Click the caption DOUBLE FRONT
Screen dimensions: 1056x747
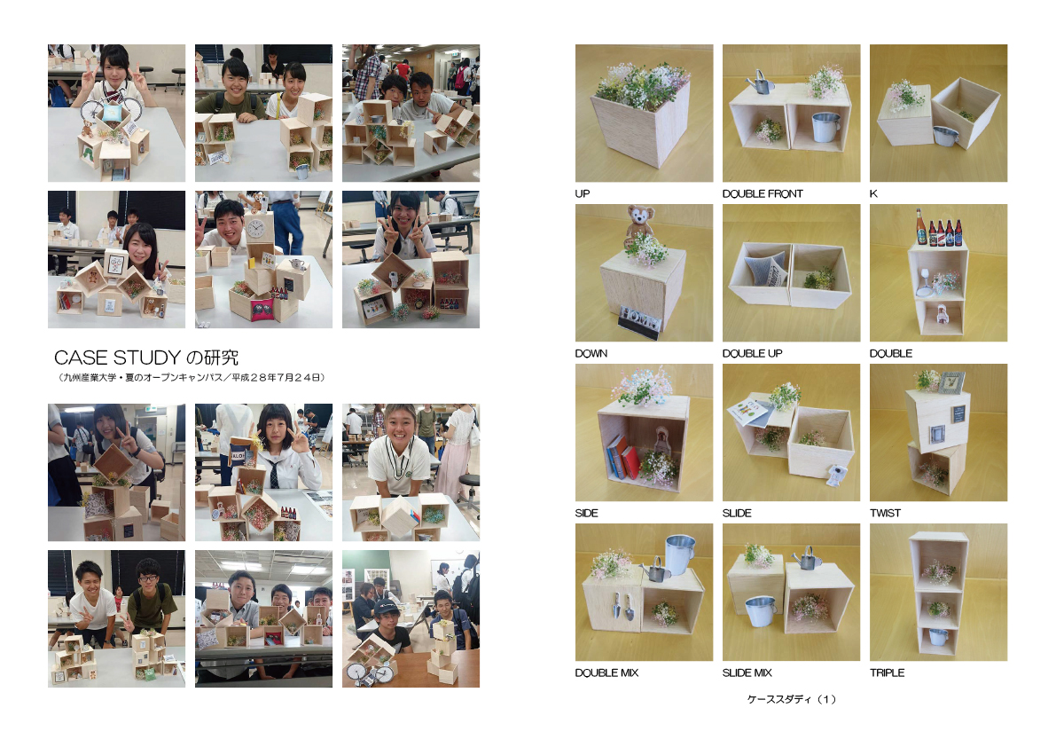pyautogui.click(x=763, y=194)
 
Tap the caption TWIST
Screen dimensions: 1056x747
pyautogui.click(x=885, y=514)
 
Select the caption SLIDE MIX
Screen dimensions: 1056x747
pyautogui.click(x=747, y=672)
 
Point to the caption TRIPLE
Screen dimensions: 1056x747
pyautogui.click(x=887, y=672)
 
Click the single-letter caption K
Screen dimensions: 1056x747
pyautogui.click(x=873, y=194)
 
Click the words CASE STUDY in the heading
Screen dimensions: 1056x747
pyautogui.click(x=117, y=357)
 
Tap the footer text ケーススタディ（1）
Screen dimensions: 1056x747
pyautogui.click(x=791, y=699)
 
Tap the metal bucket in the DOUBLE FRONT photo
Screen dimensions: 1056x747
pyautogui.click(x=825, y=127)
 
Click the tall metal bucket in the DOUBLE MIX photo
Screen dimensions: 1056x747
pyautogui.click(x=680, y=554)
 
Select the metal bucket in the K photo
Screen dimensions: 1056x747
pyautogui.click(x=946, y=136)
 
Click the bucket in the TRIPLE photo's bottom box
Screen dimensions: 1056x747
pyautogui.click(x=937, y=635)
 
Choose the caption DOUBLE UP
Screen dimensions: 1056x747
pyautogui.click(x=752, y=354)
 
